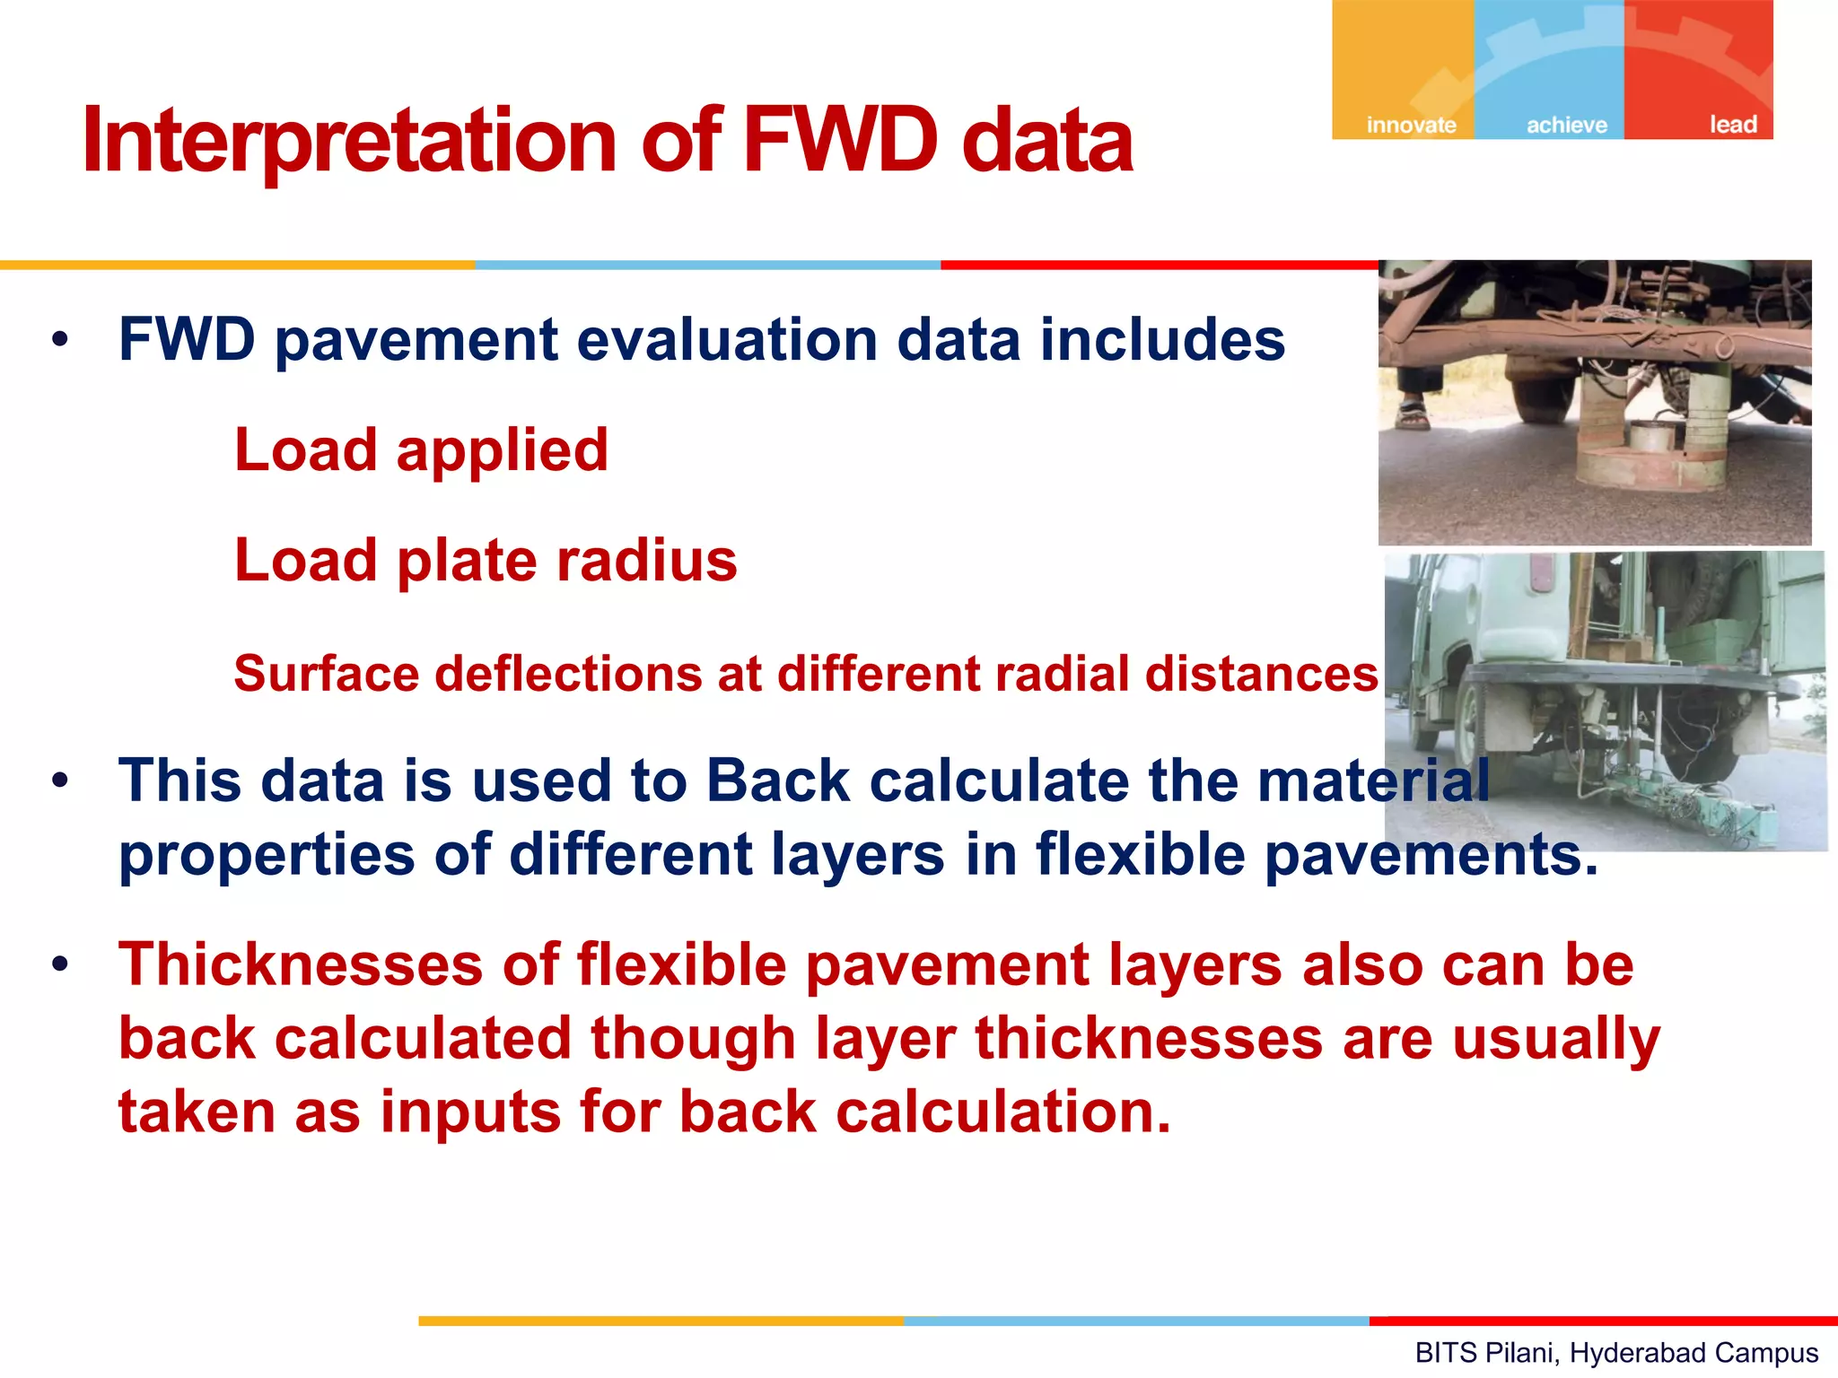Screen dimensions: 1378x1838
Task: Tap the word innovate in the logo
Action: click(1411, 125)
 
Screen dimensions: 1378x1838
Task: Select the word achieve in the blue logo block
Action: click(1567, 125)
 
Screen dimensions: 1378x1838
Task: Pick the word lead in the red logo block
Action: click(1732, 125)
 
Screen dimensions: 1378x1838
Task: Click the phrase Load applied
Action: click(421, 449)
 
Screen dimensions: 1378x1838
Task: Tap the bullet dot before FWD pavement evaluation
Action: click(60, 341)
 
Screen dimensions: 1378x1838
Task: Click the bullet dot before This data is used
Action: click(60, 781)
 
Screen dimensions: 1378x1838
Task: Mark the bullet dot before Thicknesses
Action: click(60, 965)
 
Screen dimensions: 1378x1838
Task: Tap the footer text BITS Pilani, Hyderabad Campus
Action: click(1615, 1352)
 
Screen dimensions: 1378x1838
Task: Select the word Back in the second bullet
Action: click(777, 781)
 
